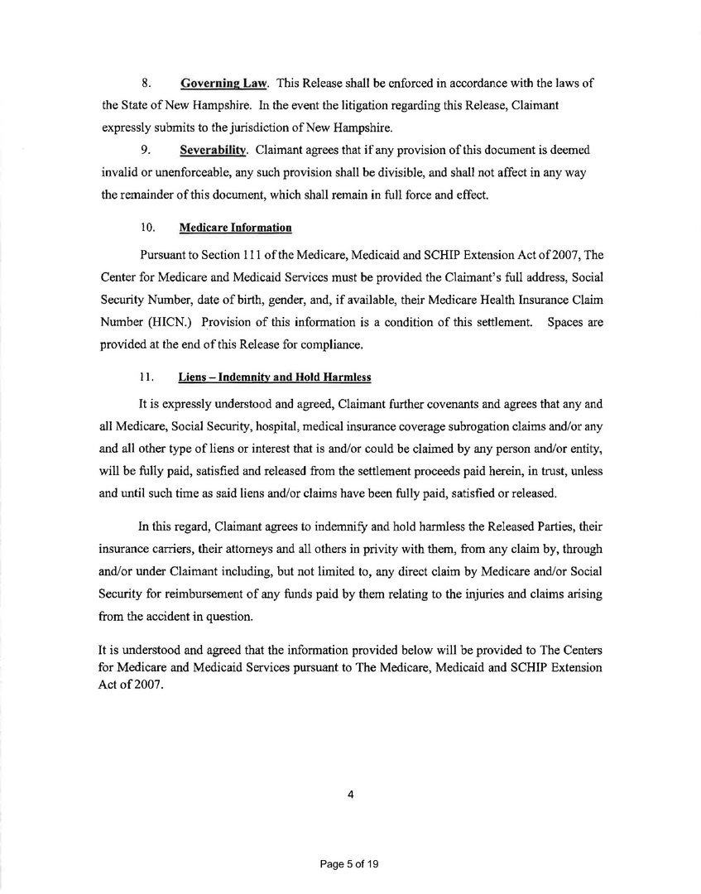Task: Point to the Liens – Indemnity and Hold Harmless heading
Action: [x=275, y=377]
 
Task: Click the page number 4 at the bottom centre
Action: [x=350, y=795]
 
